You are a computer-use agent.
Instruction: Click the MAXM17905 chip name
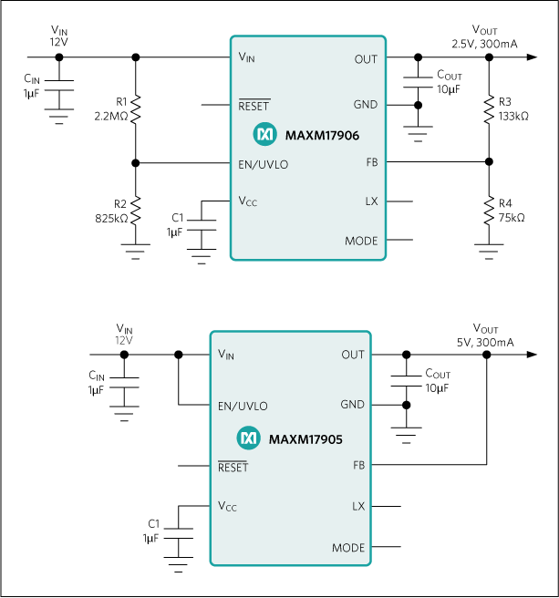pyautogui.click(x=305, y=439)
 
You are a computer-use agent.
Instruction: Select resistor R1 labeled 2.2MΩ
pyautogui.click(x=136, y=110)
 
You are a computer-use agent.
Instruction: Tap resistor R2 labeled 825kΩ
pyautogui.click(x=136, y=212)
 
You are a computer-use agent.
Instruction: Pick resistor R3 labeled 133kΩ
pyautogui.click(x=489, y=109)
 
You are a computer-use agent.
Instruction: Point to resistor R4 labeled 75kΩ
pyautogui.click(x=489, y=211)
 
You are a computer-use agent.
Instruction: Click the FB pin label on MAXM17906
pyautogui.click(x=370, y=161)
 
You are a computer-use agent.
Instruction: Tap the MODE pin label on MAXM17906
pyautogui.click(x=361, y=242)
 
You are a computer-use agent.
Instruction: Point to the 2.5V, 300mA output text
pyautogui.click(x=484, y=44)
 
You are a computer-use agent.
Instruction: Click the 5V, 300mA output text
pyautogui.click(x=485, y=342)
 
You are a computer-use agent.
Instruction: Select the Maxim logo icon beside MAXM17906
pyautogui.click(x=264, y=135)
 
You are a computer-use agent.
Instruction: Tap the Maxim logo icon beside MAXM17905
pyautogui.click(x=248, y=439)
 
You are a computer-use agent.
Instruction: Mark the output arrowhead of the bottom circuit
pyautogui.click(x=530, y=355)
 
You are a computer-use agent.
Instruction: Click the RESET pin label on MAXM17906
pyautogui.click(x=254, y=106)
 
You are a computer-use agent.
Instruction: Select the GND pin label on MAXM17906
pyautogui.click(x=366, y=104)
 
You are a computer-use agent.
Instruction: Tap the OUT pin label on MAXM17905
pyautogui.click(x=353, y=355)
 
